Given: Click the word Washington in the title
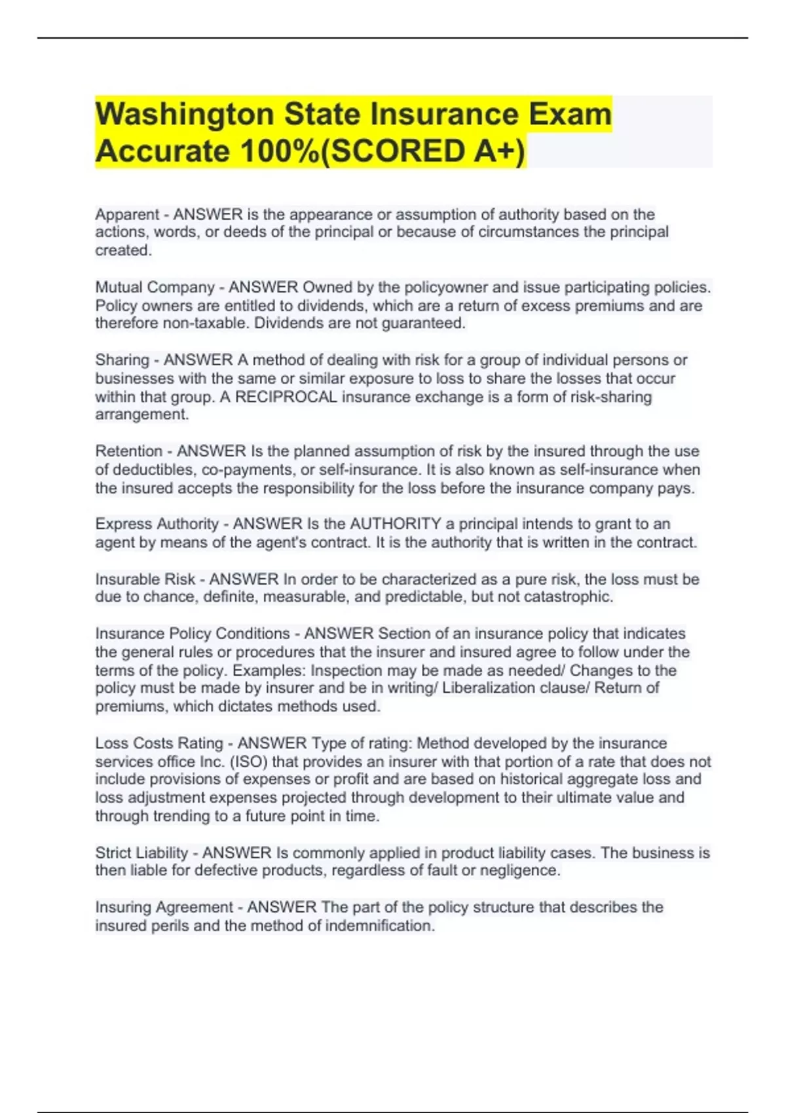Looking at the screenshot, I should [x=185, y=115].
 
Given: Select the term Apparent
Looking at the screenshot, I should [x=127, y=215].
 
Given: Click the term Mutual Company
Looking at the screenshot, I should [x=155, y=287].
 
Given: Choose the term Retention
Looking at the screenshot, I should [x=128, y=451].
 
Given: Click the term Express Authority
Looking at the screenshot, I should [x=157, y=524].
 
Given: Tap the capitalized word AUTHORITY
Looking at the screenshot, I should [x=396, y=524].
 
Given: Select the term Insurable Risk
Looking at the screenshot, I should [x=145, y=579].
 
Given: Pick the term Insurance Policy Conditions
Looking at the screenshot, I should [x=192, y=634].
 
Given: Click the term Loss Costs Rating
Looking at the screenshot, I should [x=159, y=743].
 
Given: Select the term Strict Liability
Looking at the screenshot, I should [x=141, y=853].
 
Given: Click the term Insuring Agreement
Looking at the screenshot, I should [x=164, y=907].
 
